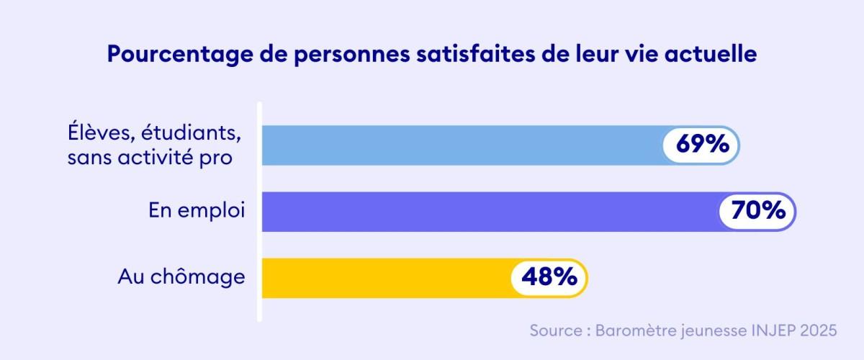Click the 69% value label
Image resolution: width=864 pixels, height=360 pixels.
click(x=701, y=145)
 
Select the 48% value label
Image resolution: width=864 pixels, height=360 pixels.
click(x=549, y=277)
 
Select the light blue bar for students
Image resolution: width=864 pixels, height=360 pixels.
click(x=461, y=145)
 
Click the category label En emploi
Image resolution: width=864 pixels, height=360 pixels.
click(x=197, y=211)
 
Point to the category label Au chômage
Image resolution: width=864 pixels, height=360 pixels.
click(x=181, y=276)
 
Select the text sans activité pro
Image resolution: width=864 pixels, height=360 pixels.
click(x=150, y=158)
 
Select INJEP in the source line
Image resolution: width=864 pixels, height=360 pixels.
click(x=765, y=330)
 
